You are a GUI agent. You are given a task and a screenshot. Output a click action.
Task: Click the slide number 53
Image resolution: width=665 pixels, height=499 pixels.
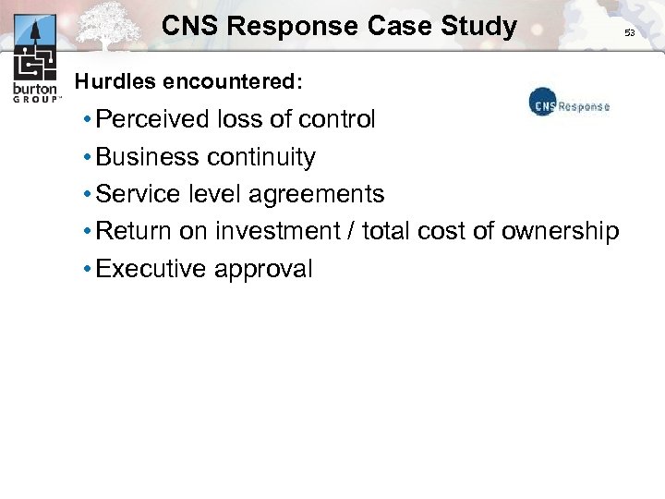[x=630, y=32]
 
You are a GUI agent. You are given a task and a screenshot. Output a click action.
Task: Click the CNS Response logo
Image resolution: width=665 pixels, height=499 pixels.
[x=569, y=104]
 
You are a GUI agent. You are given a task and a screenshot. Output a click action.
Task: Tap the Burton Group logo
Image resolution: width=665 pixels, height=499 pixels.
[x=36, y=57]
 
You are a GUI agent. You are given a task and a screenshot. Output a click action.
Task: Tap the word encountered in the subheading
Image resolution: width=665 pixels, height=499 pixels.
[x=231, y=81]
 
